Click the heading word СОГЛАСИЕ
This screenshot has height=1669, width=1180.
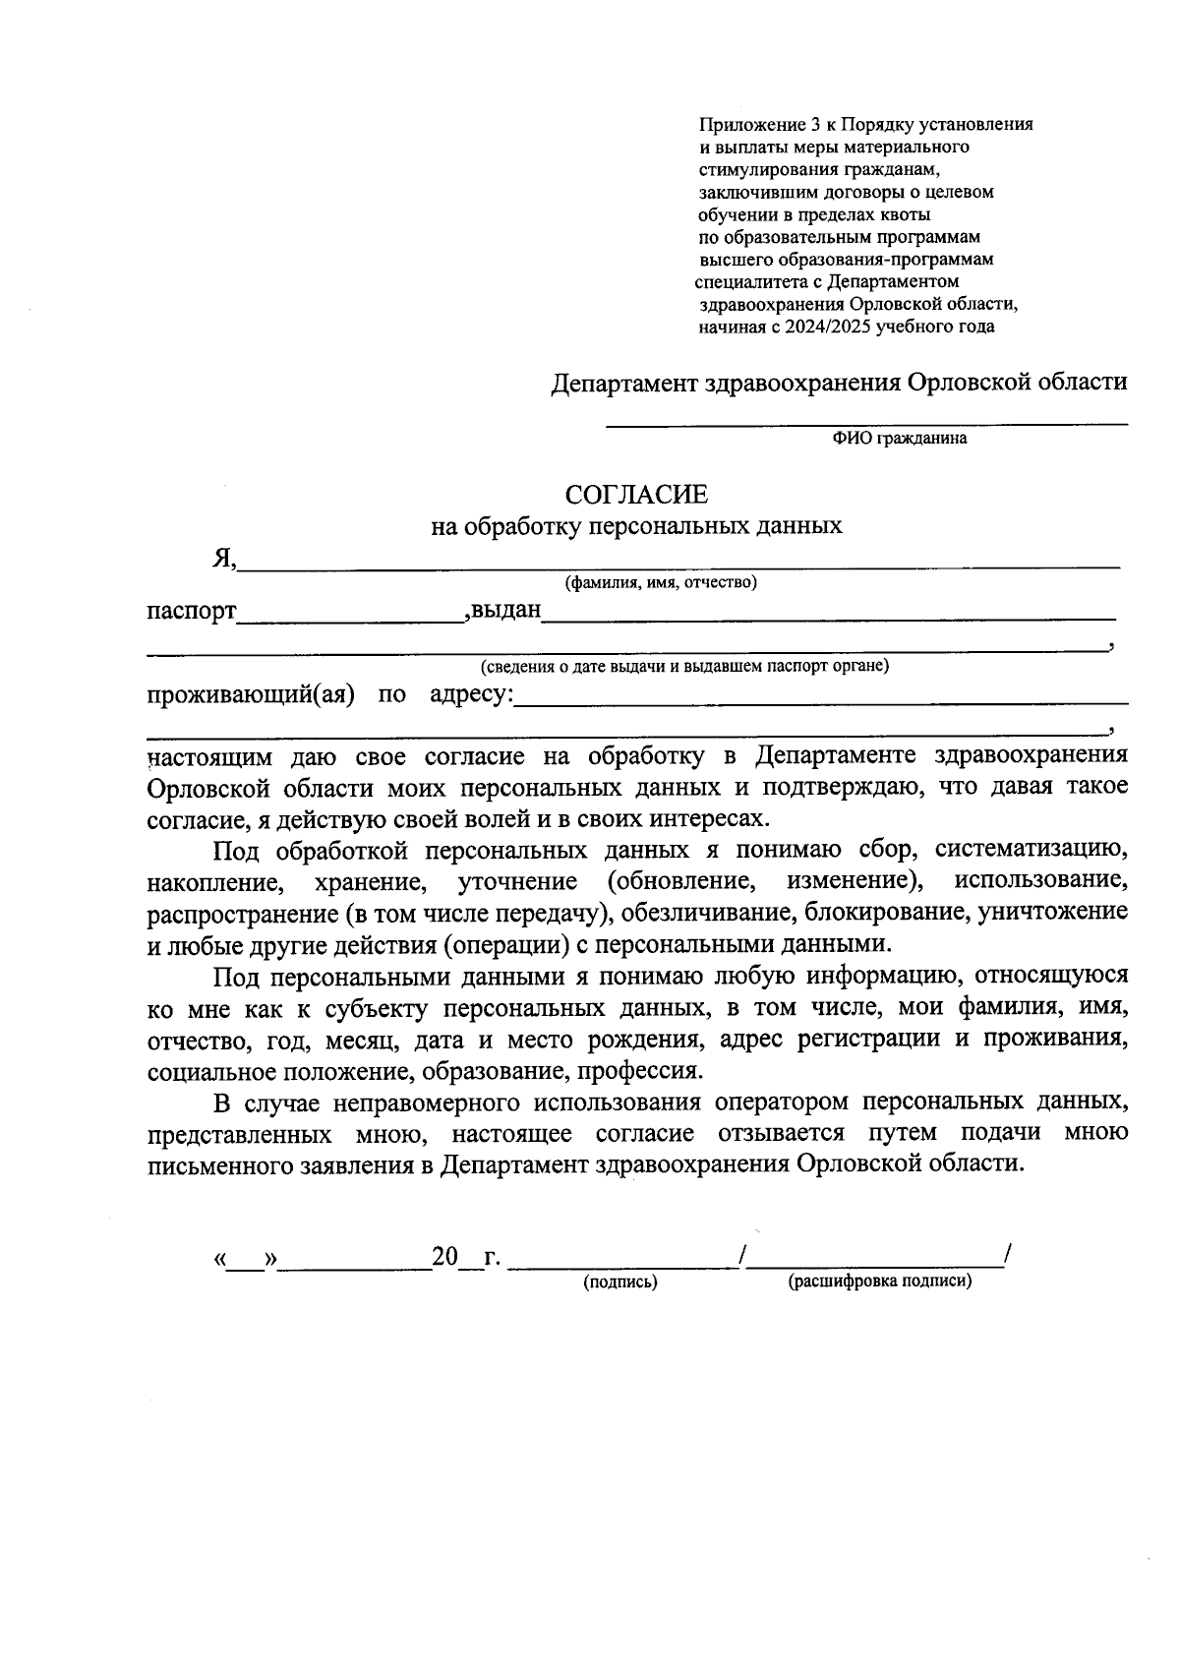[x=636, y=494]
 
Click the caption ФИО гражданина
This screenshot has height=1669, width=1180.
[x=899, y=439]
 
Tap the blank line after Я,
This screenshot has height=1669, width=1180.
[x=678, y=563]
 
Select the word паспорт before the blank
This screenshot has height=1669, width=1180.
[x=192, y=611]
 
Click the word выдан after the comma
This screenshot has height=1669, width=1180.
[x=506, y=610]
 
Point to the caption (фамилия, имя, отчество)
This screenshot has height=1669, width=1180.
[x=660, y=583]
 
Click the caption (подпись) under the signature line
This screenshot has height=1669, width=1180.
[x=619, y=1282]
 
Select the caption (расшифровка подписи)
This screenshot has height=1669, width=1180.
[x=879, y=1282]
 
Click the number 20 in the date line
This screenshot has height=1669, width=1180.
[x=444, y=1257]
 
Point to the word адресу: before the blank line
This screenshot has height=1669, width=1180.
[x=471, y=695]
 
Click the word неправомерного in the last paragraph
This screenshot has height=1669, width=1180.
[x=424, y=1102]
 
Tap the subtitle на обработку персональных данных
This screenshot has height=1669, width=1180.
[x=636, y=526]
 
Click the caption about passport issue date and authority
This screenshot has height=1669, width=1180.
[x=683, y=667]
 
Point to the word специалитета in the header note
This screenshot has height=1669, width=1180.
[x=744, y=282]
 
